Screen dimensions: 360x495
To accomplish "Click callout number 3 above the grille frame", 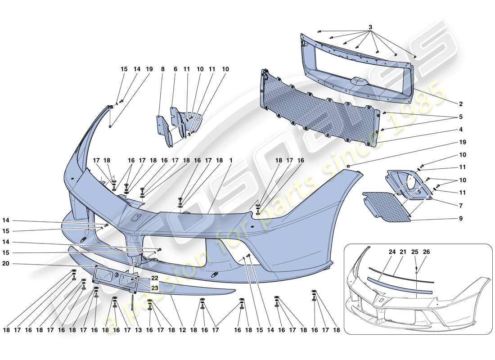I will click(x=370, y=27).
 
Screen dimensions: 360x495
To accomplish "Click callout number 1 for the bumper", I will click(x=231, y=160).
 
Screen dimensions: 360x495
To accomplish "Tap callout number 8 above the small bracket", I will click(x=162, y=69).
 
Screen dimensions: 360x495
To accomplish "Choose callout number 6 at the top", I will click(x=175, y=69).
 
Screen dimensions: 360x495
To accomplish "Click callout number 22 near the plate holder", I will click(x=154, y=278).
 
